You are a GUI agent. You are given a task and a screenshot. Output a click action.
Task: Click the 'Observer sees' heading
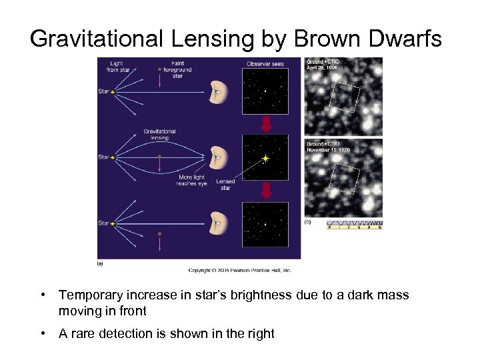click(265, 64)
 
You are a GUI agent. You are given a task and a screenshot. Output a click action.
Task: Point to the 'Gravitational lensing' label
click(159, 135)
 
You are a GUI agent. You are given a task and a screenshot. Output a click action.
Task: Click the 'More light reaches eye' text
click(191, 181)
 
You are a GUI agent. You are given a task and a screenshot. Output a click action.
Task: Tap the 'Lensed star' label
click(225, 185)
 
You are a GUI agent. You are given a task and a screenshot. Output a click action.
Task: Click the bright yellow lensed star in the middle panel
click(265, 159)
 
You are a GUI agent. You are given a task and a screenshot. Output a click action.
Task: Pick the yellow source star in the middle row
click(113, 157)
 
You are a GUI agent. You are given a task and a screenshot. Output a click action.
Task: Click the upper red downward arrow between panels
click(265, 124)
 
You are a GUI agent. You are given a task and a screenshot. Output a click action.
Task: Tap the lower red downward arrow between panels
click(265, 191)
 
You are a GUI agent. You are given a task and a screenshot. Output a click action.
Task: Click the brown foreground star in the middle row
click(159, 157)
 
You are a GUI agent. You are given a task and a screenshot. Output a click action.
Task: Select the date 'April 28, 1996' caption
click(323, 68)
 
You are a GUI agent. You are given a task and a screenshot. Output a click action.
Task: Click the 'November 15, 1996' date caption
click(328, 150)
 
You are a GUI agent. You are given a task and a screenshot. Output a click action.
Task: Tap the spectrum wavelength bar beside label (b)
click(354, 225)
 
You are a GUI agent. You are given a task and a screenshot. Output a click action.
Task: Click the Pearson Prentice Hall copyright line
click(240, 270)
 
